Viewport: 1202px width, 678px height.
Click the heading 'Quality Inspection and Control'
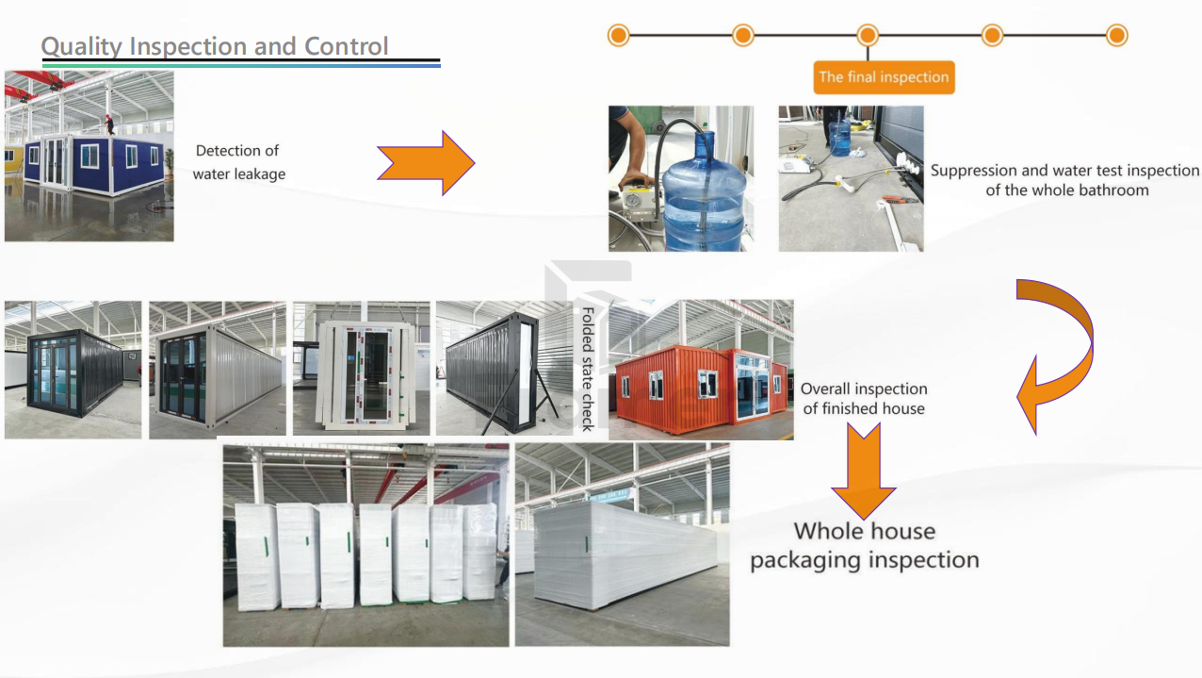[215, 46]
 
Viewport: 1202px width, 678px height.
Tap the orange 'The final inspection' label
[884, 77]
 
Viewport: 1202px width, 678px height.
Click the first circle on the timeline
[618, 36]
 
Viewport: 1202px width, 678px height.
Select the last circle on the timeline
[1116, 36]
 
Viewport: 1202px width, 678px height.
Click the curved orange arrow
[1060, 354]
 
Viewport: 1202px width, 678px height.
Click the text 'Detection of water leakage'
[238, 162]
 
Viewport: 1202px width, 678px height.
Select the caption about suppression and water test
[1065, 180]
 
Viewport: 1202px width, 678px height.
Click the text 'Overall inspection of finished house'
[864, 399]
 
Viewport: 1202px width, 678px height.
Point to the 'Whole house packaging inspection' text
[864, 545]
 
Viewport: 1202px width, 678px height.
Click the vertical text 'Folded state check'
[587, 368]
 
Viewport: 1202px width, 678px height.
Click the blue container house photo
[89, 157]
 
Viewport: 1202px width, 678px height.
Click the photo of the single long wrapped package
[622, 544]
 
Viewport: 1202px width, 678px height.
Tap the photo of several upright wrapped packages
[365, 544]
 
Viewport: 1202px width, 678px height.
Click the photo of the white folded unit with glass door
[362, 369]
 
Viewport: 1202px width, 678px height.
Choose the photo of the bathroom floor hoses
[851, 178]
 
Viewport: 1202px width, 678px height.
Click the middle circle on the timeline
[868, 36]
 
